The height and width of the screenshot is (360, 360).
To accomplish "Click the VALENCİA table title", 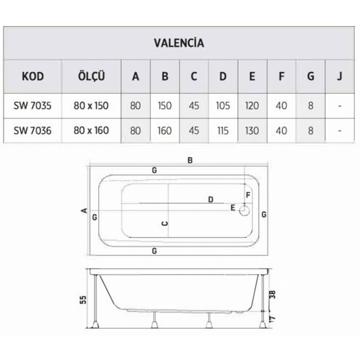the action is [x=179, y=43].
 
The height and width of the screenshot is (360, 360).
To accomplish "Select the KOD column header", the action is [x=33, y=76].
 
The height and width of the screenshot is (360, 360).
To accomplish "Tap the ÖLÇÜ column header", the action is [x=92, y=76].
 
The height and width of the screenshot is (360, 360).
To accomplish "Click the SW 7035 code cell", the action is [x=33, y=105].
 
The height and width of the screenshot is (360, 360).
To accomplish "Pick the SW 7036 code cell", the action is [x=33, y=131].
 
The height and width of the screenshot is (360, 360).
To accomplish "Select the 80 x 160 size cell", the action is [x=91, y=130].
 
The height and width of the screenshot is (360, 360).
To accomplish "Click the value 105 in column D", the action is [x=223, y=105].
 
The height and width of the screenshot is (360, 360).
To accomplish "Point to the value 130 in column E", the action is [x=252, y=131].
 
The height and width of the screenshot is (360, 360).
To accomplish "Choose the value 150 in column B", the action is [x=164, y=105].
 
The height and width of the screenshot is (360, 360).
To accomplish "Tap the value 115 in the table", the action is [x=223, y=131].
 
